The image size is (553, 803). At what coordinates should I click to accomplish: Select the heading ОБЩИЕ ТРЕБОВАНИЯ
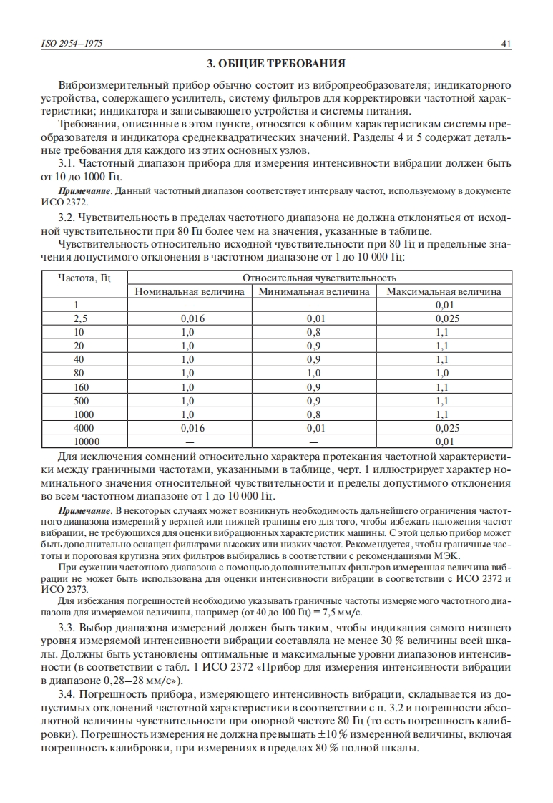[x=275, y=64]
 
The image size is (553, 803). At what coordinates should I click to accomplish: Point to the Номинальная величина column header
[x=189, y=291]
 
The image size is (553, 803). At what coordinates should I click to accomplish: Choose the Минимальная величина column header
[x=314, y=291]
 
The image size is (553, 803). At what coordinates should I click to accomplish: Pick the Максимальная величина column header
[x=444, y=291]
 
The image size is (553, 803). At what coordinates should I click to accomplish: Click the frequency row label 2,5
[x=80, y=318]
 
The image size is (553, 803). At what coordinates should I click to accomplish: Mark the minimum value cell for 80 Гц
[x=313, y=373]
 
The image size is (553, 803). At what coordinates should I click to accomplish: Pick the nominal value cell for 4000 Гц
[x=188, y=428]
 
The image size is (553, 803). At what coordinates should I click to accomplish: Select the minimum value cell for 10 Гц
[x=313, y=332]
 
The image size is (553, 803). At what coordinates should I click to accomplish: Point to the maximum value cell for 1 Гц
[x=444, y=305]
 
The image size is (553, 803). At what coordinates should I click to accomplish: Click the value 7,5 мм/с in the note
[x=342, y=612]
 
